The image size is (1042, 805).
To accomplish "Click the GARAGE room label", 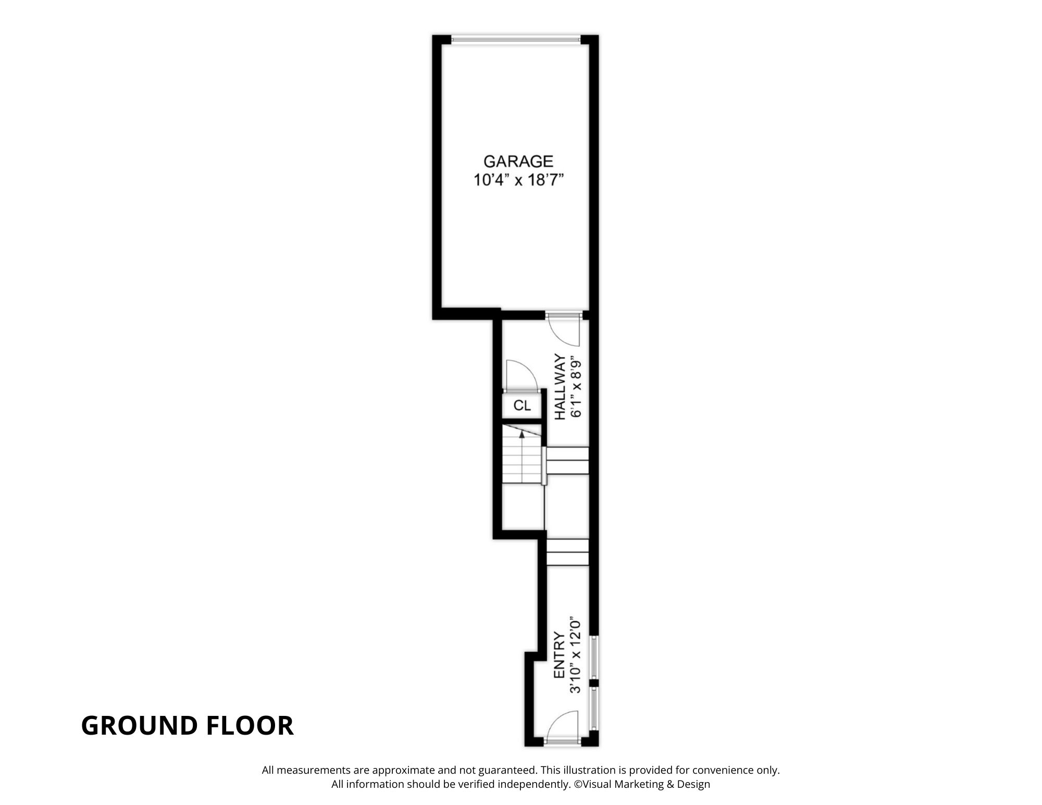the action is coord(518,161).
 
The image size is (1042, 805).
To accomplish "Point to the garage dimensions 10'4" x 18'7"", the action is coord(518,180).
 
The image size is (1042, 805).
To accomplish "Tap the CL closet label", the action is coord(522,405).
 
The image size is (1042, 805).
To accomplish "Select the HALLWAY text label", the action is coord(560,387).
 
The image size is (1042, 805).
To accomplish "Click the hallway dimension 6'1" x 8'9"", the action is coord(575,387).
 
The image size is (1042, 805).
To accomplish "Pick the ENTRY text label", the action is coord(559,655).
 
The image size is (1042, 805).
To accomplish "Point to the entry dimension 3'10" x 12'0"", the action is coord(575,655).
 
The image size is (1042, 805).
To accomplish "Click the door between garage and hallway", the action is coord(564,329).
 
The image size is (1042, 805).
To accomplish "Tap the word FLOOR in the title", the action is coord(250,725).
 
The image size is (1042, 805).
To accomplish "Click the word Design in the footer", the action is coord(693,785).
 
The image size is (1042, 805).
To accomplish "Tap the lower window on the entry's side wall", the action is coord(594,708).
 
